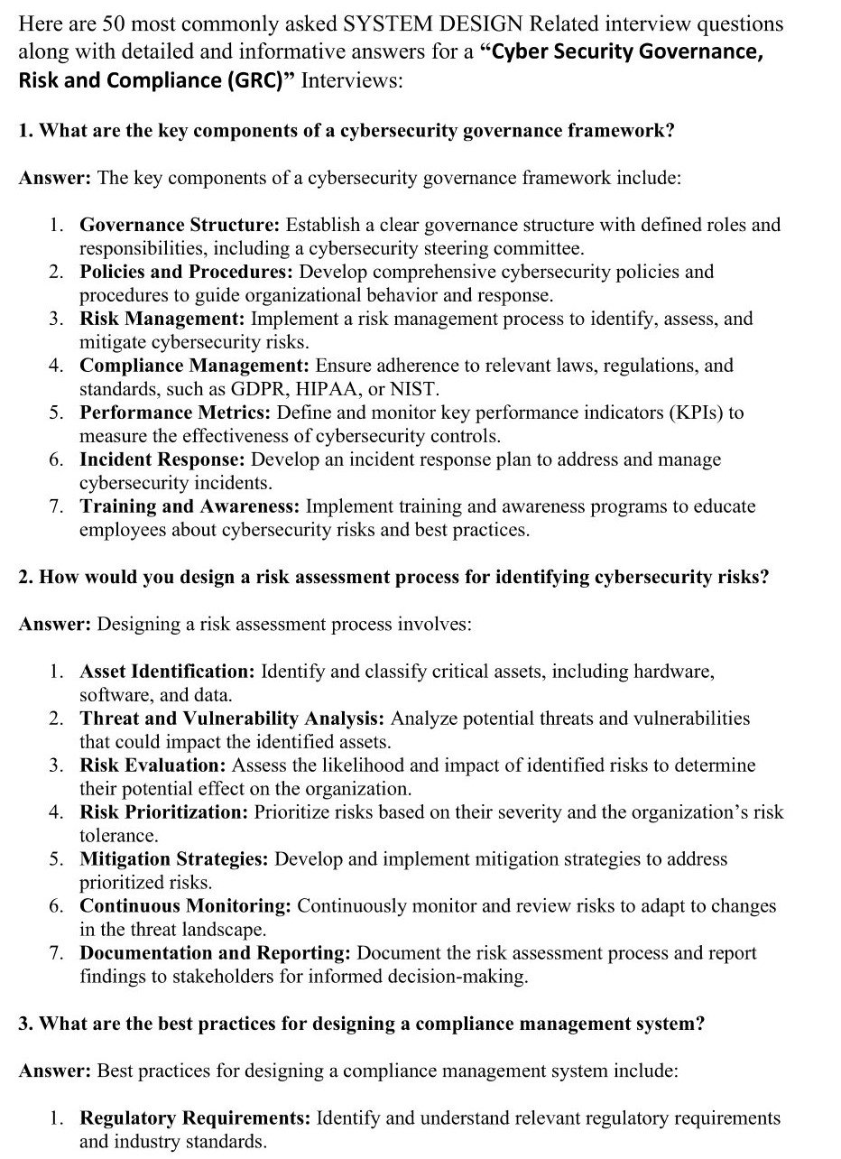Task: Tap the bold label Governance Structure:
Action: pos(180,225)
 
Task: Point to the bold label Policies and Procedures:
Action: pos(186,272)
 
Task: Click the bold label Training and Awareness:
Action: pos(189,506)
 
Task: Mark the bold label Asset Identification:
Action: pos(167,672)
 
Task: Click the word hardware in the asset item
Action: pos(672,672)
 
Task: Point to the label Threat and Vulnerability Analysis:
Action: pos(232,719)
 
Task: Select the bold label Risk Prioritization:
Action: pos(163,812)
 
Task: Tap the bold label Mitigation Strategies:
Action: pos(173,859)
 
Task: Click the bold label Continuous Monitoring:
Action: pos(185,906)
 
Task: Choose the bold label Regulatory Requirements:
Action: pos(195,1118)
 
